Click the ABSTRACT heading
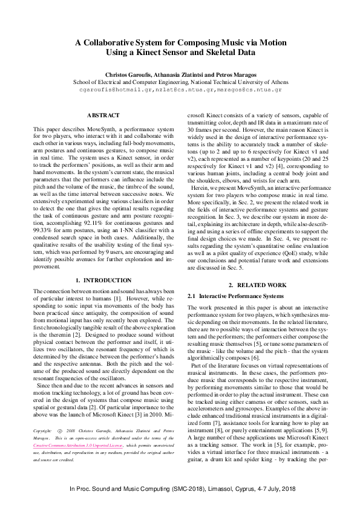99,115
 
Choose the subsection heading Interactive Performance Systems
241,296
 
